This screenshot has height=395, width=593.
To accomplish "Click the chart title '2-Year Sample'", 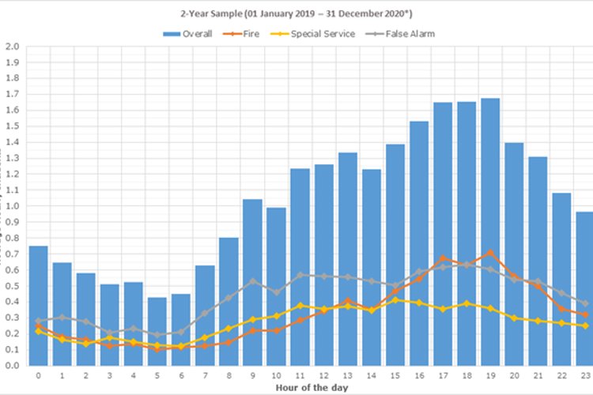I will click(296, 14).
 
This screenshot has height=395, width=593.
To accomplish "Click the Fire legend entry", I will click(246, 34).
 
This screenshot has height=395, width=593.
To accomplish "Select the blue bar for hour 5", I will click(157, 331).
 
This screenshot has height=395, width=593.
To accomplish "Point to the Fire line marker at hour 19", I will click(489, 253).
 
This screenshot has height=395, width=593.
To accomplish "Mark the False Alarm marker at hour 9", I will click(252, 280).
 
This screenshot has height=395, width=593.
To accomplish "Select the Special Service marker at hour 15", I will click(395, 300).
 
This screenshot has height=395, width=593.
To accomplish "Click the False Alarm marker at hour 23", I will click(584, 303).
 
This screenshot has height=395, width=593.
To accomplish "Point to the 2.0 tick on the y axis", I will click(13, 47).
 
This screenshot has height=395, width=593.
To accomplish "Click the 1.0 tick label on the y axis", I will click(13, 206).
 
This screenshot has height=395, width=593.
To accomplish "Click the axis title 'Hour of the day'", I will click(308, 389).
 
